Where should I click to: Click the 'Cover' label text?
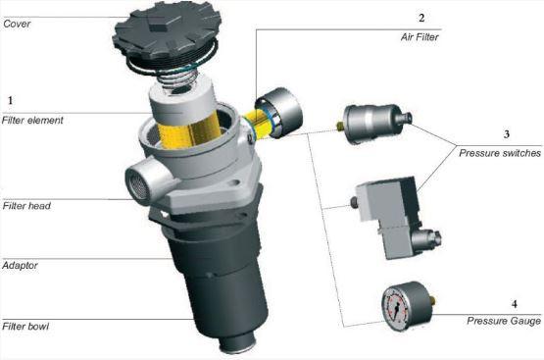click(x=17, y=24)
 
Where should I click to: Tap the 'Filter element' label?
click(x=32, y=121)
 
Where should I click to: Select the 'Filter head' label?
click(x=26, y=206)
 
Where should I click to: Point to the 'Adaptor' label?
click(x=20, y=266)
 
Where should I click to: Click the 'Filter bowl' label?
click(x=25, y=327)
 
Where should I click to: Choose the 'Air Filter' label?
click(x=420, y=37)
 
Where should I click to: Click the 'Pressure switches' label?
click(x=500, y=153)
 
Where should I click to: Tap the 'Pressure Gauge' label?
click(x=504, y=321)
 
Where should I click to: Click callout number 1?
click(x=11, y=100)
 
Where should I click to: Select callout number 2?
click(x=421, y=18)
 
